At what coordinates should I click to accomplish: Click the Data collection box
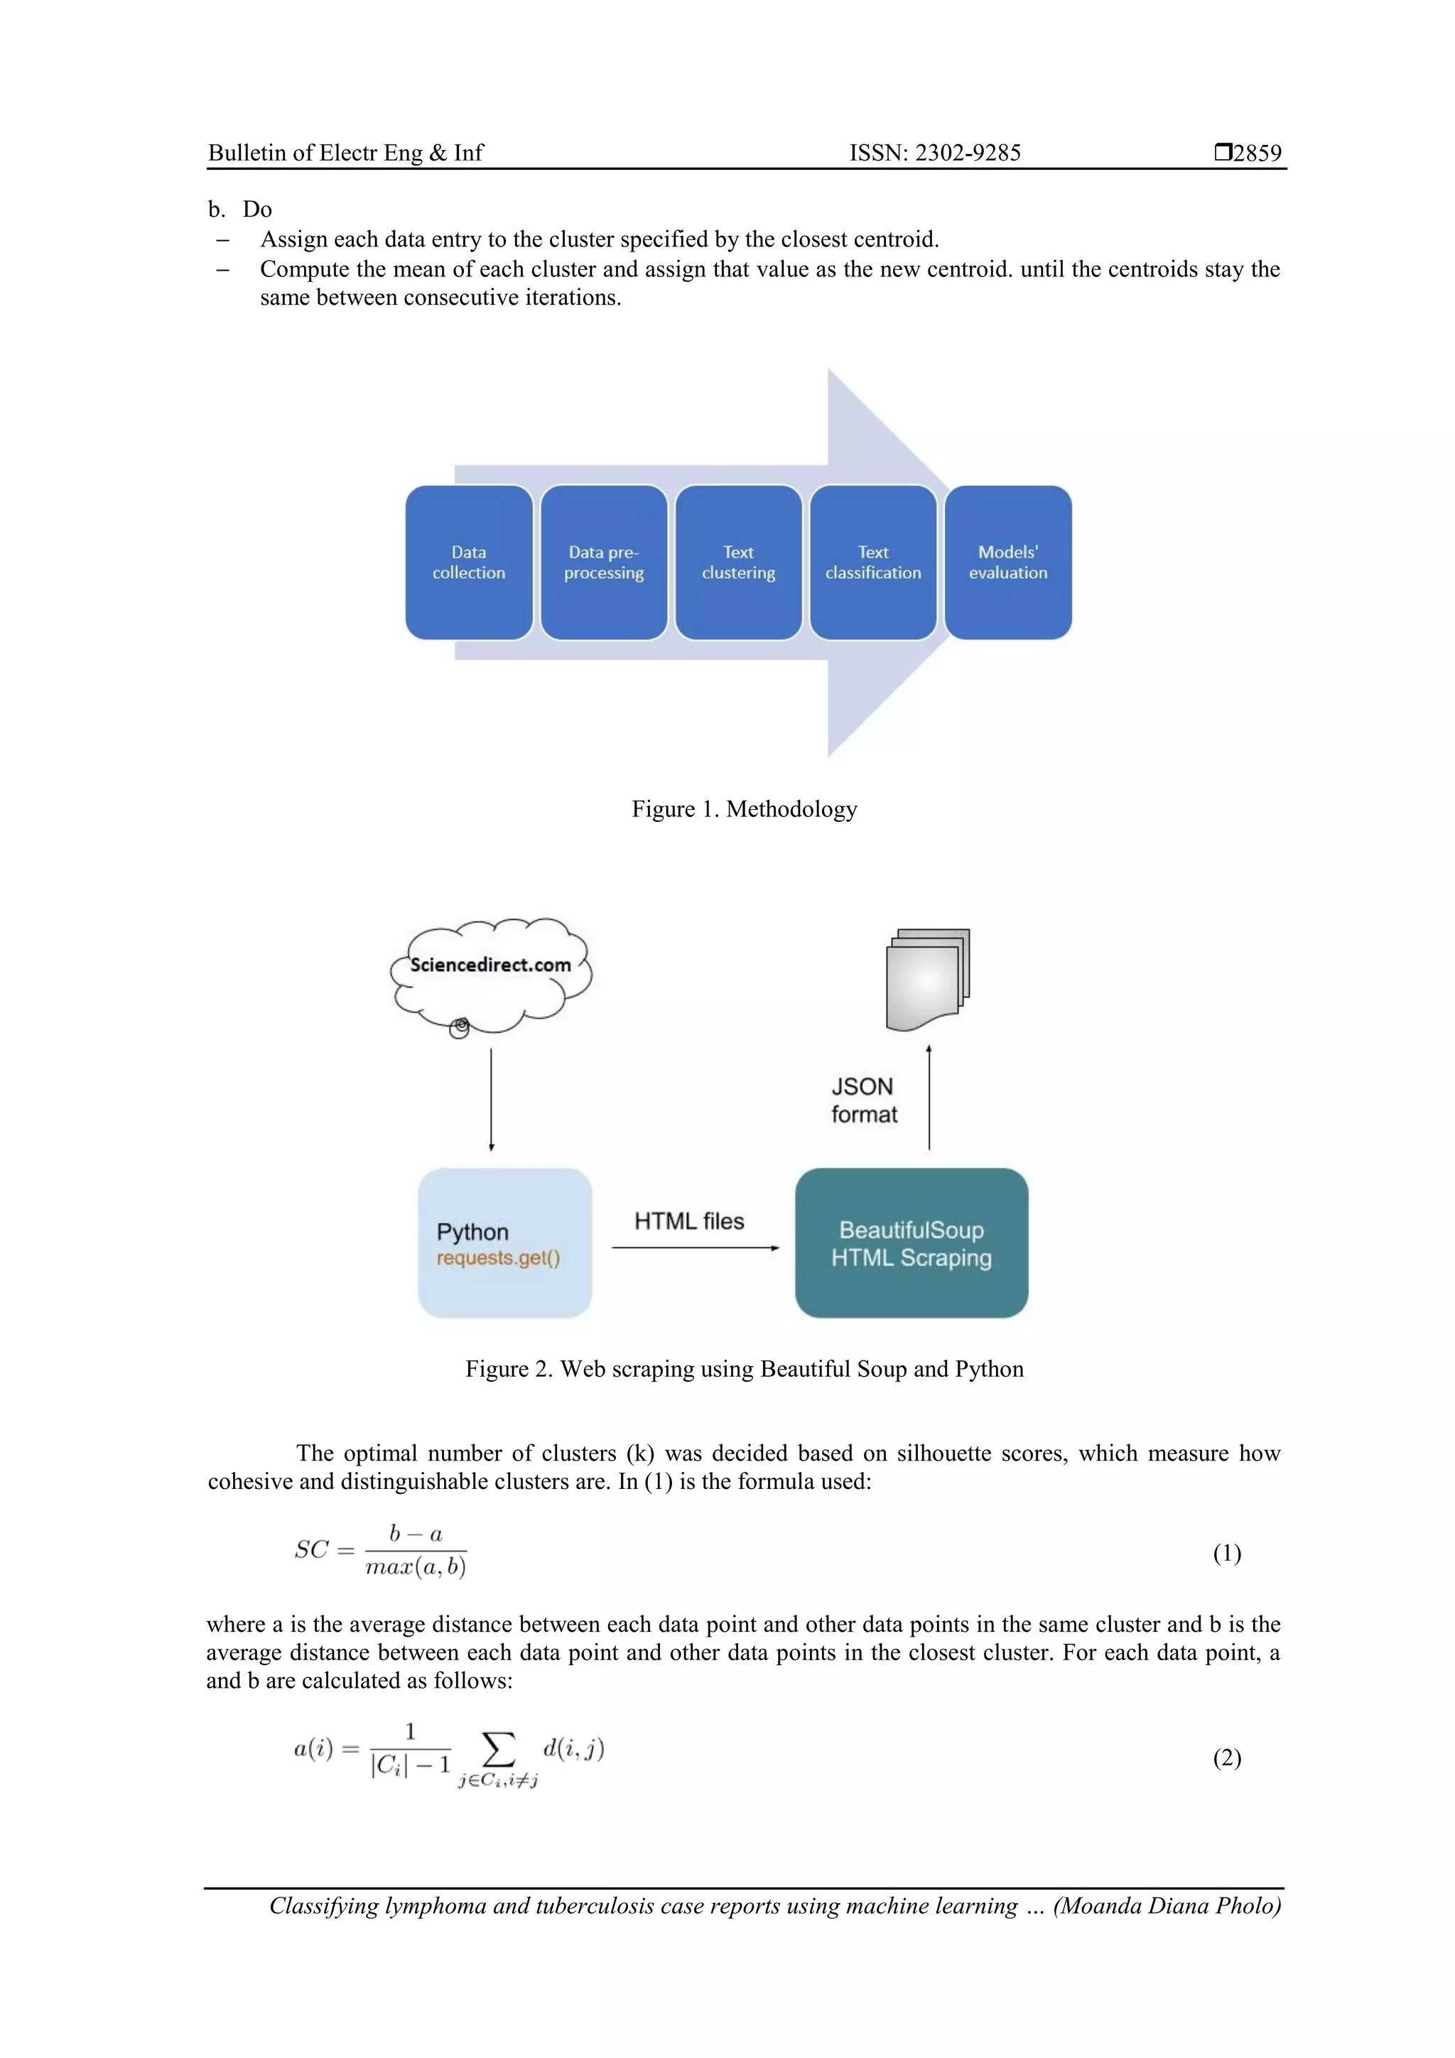coord(468,562)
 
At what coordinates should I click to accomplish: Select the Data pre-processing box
coord(603,562)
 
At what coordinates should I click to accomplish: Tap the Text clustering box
coord(738,562)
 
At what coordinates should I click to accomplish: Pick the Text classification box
coord(872,562)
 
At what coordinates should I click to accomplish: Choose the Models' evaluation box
coord(1007,562)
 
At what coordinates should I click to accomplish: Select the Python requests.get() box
coord(504,1242)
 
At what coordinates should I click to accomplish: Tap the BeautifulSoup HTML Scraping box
coord(911,1242)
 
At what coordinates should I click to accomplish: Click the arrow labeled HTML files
coord(695,1247)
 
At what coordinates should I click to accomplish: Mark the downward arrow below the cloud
coord(491,1099)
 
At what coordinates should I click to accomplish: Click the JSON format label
coord(863,1100)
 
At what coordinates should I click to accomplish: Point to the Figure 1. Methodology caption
coord(744,808)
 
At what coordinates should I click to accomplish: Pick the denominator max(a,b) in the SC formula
coord(415,1567)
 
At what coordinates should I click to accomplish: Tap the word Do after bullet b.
coord(256,209)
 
